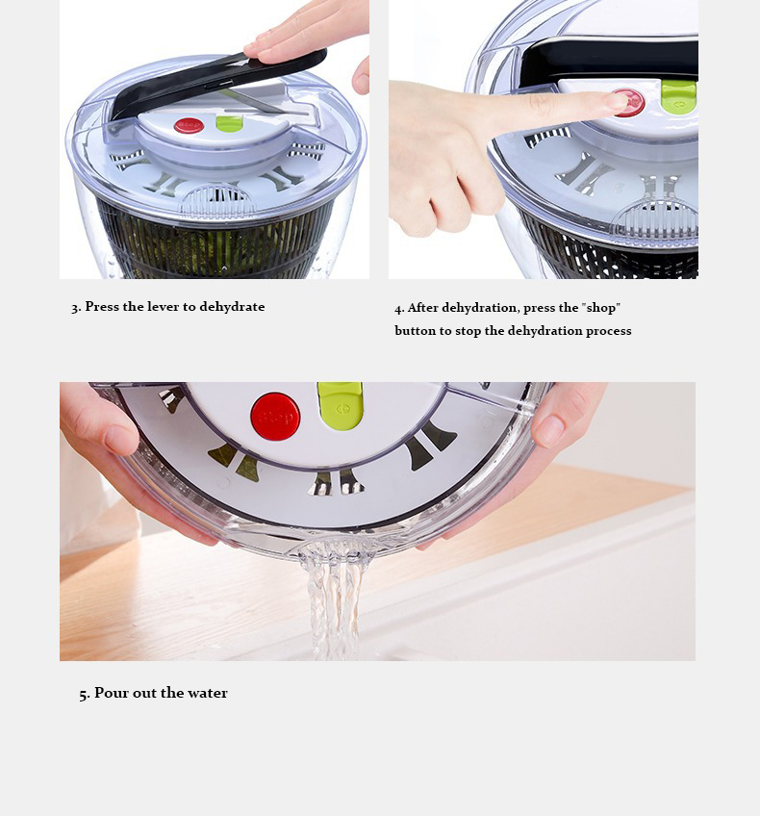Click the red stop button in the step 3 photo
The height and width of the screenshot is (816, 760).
click(189, 125)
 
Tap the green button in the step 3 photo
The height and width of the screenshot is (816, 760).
click(229, 124)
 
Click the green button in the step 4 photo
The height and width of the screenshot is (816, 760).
click(679, 97)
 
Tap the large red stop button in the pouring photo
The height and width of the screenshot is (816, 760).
click(275, 417)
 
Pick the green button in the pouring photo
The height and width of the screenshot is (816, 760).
click(340, 405)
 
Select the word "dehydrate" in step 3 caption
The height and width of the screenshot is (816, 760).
click(232, 307)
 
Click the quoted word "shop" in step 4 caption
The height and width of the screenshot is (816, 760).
click(601, 308)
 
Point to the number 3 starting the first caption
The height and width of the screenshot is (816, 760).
click(75, 308)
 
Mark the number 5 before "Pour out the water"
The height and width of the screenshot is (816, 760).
click(84, 694)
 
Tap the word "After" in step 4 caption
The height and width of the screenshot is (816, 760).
click(423, 308)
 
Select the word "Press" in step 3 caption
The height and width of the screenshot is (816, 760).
click(102, 307)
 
